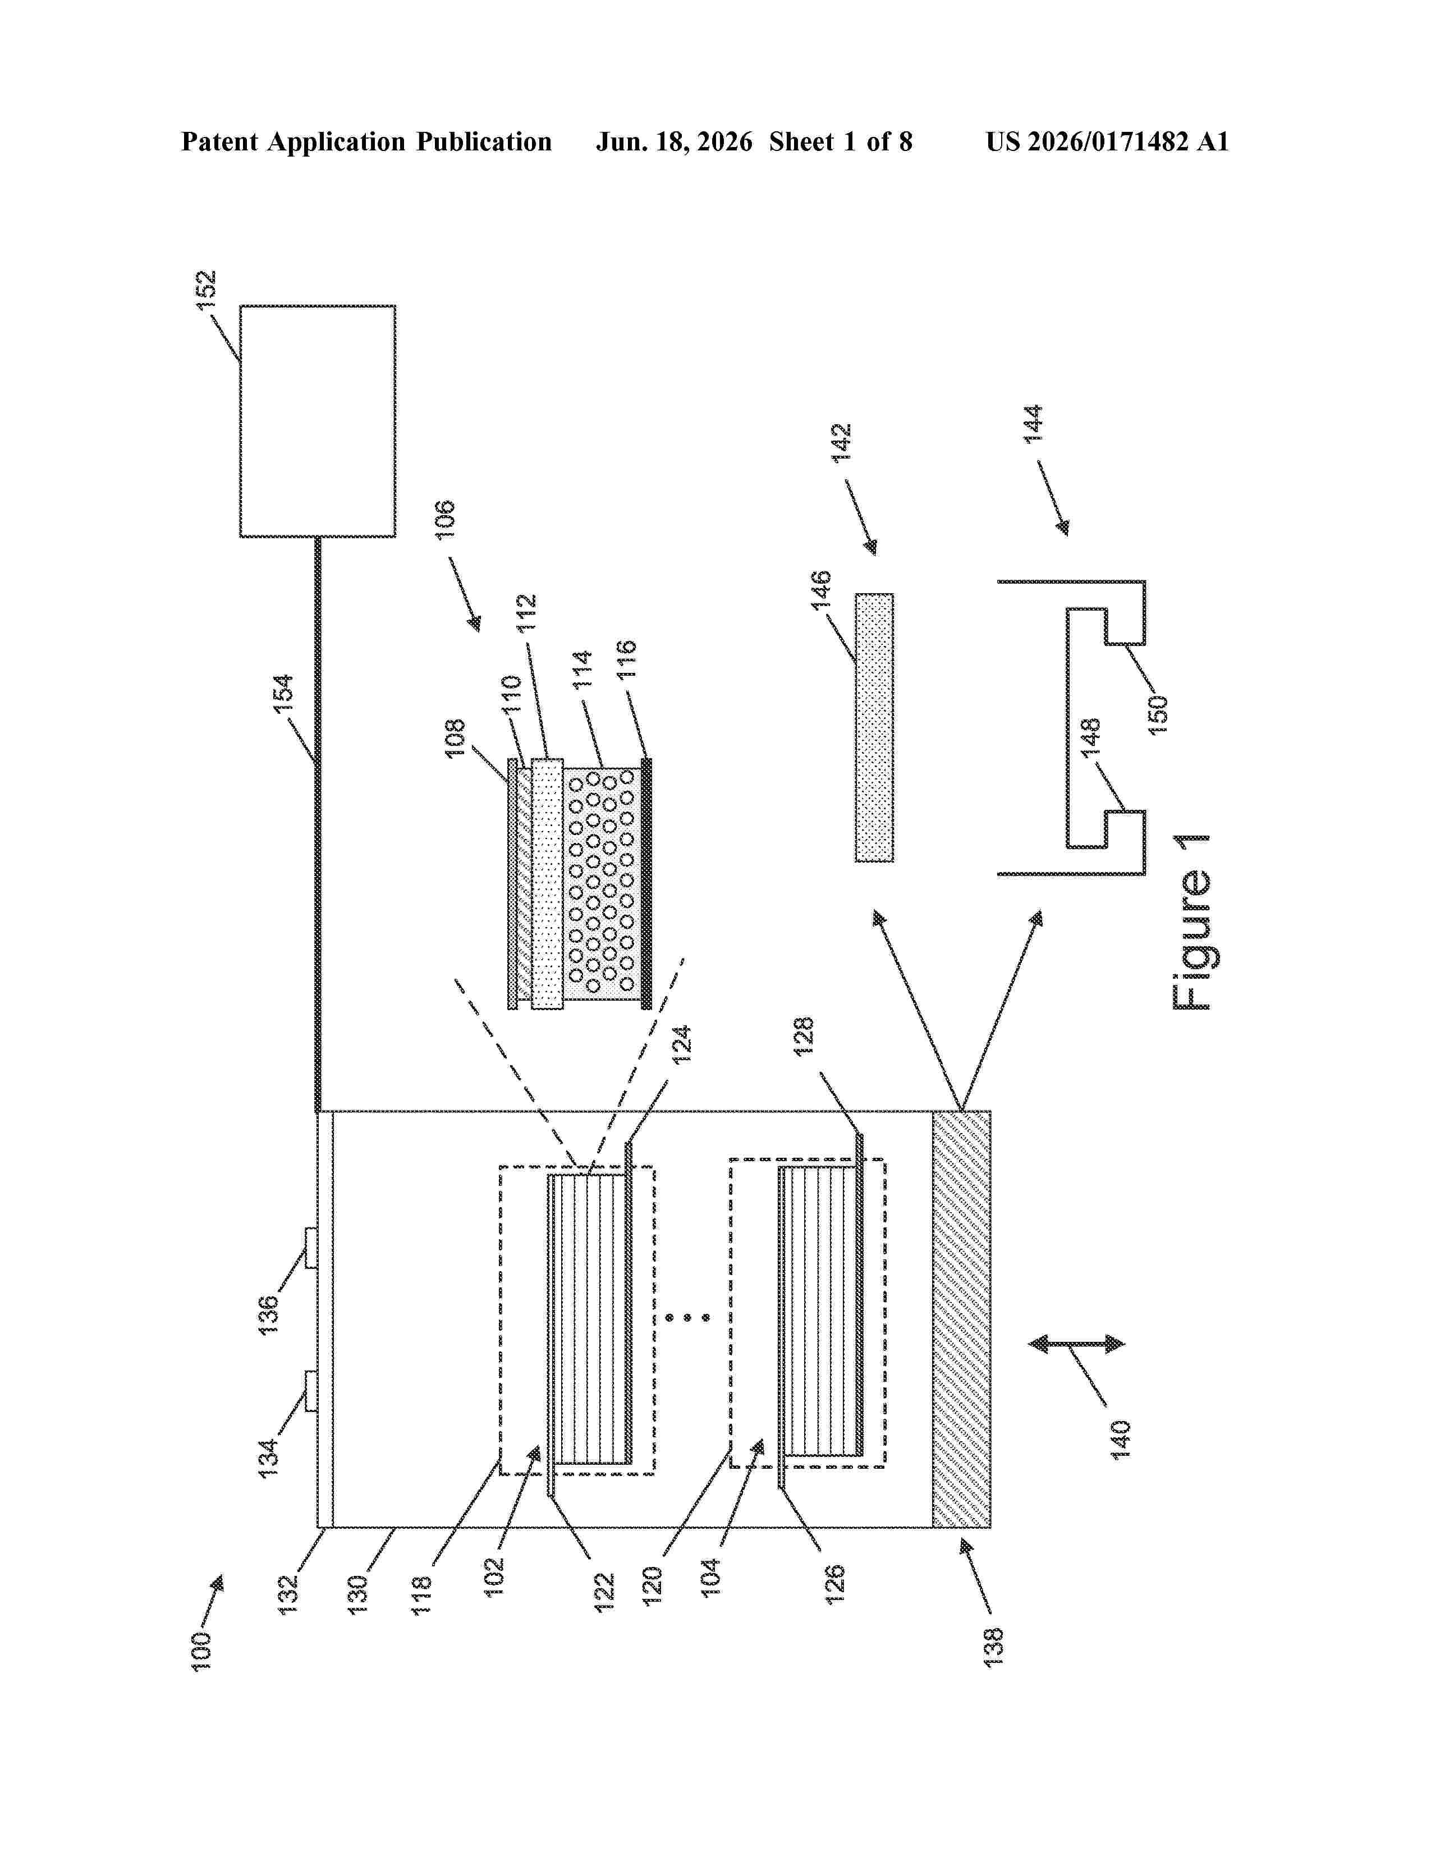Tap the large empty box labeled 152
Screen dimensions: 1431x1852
point(318,421)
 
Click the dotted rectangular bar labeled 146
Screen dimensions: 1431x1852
point(874,727)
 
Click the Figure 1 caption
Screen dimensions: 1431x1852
point(1192,922)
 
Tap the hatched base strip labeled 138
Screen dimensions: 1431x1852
point(961,1319)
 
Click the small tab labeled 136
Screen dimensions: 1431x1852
point(311,1248)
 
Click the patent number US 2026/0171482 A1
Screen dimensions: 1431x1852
point(1107,141)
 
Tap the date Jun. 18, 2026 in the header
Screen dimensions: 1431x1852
point(674,141)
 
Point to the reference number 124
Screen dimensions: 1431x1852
point(682,1045)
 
